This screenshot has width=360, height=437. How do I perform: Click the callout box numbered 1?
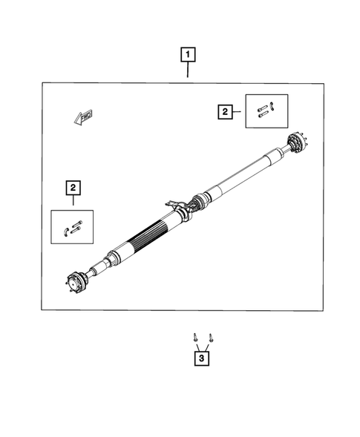tap(189, 54)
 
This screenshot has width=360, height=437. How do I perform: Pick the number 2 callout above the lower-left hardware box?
tap(73, 187)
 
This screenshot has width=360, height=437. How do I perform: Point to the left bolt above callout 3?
tap(195, 337)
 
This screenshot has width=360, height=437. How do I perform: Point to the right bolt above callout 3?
tap(210, 337)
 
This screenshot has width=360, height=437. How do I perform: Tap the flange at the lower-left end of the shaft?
tap(72, 282)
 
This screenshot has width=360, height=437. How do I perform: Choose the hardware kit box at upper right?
tap(266, 111)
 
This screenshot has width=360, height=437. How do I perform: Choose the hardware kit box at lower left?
tap(73, 226)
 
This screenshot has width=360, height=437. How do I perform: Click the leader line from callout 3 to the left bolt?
tap(197, 346)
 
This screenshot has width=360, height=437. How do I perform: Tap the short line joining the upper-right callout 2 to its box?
tap(239, 112)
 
